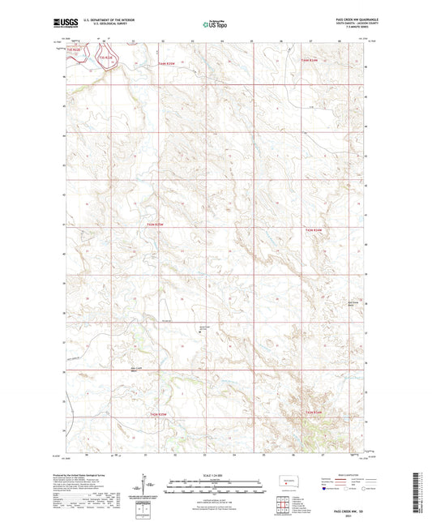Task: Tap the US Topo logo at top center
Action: (215, 25)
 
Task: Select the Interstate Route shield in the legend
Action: (326, 490)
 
